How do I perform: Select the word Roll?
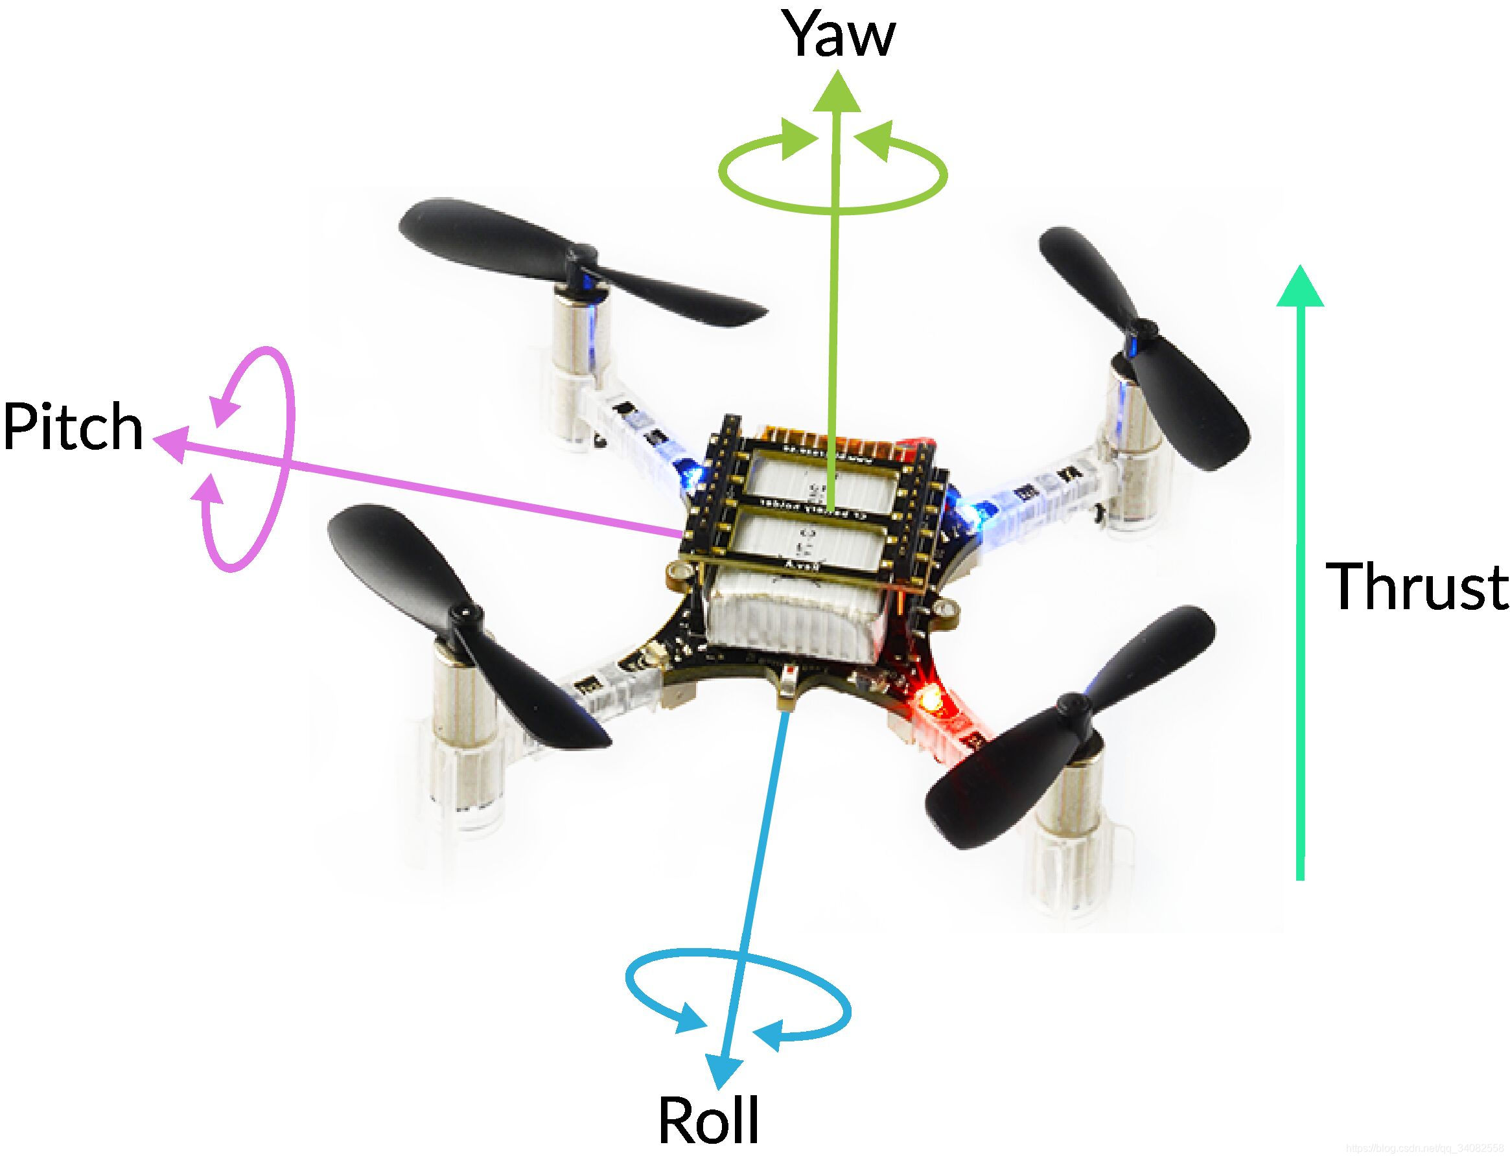pos(709,1119)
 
